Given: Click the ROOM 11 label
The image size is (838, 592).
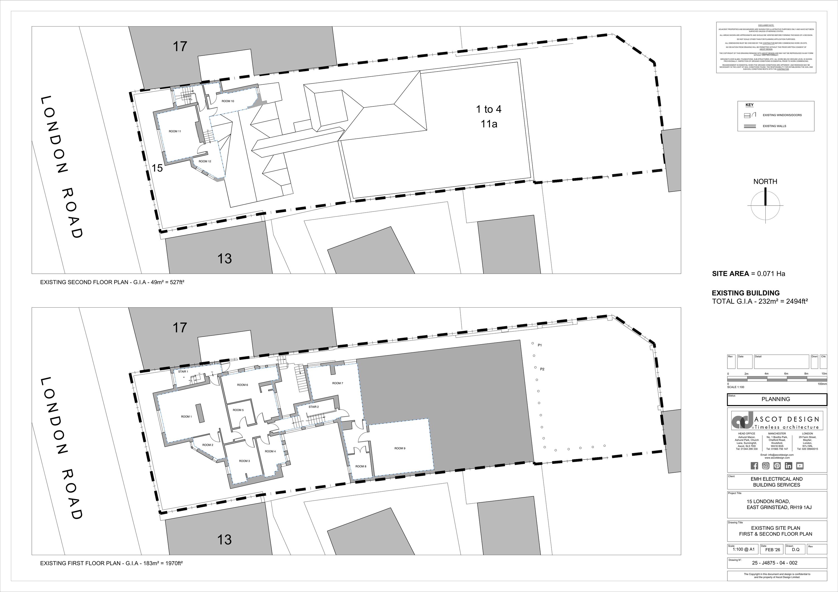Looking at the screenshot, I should tap(175, 131).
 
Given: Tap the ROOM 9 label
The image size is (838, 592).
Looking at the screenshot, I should tap(400, 448).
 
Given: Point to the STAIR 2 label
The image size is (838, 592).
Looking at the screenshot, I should tap(313, 406).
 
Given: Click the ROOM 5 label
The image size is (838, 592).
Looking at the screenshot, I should tap(238, 410).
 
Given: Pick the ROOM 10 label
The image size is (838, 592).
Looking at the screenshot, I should tap(228, 101).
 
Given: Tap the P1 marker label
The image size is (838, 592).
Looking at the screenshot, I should tap(540, 345).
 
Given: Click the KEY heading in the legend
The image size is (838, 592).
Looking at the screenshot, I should tap(749, 105).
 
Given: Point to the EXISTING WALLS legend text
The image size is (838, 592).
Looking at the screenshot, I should tap(775, 126).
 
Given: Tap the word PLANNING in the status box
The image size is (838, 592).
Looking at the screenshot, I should tap(776, 399).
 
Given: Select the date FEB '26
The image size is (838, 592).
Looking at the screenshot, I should tap(773, 550).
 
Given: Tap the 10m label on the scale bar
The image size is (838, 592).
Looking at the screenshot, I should tap(824, 374).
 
